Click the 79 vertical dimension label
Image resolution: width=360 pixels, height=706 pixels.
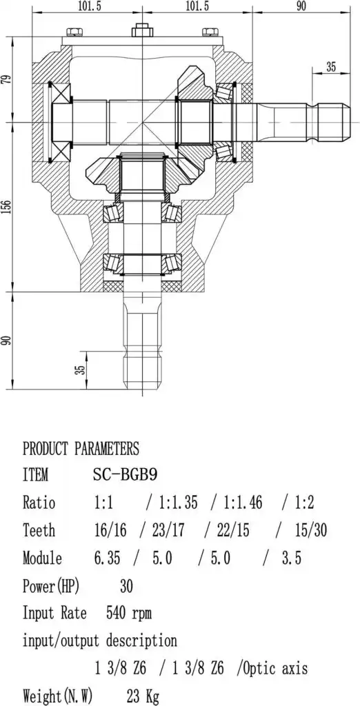coord(6,80)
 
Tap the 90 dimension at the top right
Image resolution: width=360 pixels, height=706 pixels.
coord(301,6)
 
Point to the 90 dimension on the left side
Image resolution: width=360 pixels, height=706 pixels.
coord(6,341)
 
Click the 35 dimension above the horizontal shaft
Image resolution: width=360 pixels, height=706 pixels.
coord(331,67)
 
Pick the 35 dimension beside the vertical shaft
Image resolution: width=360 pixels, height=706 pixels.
coord(80,370)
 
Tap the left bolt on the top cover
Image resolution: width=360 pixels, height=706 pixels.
coord(74,32)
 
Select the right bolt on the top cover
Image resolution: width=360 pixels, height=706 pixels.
coord(210,32)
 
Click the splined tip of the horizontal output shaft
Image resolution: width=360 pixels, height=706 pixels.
coord(334,123)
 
